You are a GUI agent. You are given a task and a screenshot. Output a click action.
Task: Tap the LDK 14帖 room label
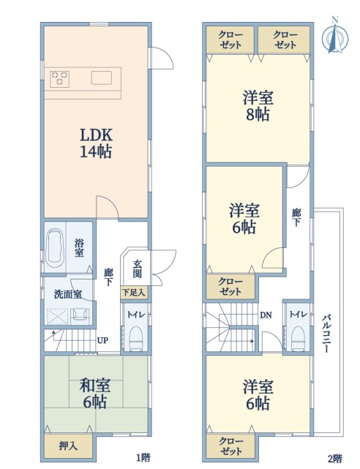[96, 143]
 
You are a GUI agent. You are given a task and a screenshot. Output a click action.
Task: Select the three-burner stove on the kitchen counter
[60, 79]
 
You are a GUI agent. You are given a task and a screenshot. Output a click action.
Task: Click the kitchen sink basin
[102, 78]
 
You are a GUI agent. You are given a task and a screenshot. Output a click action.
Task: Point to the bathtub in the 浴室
[56, 247]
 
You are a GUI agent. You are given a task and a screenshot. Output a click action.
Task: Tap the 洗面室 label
[68, 294]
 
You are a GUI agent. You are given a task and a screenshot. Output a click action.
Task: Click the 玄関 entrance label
[138, 269]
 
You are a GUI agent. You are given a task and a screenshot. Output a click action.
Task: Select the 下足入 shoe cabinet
[134, 292]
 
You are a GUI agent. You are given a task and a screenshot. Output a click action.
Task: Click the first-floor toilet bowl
[137, 338]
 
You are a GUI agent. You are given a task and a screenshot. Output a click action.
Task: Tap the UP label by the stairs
[102, 340]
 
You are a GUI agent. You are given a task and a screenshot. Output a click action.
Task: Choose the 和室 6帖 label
[95, 394]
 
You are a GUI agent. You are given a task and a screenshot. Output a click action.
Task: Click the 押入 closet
[68, 446]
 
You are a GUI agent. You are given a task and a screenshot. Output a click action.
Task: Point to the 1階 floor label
[143, 457]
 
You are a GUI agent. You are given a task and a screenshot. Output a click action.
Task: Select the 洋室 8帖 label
[258, 106]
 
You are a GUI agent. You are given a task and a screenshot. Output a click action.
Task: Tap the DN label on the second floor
[266, 315]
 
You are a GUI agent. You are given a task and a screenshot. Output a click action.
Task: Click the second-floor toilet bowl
[298, 338]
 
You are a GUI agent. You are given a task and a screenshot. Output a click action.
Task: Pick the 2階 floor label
[335, 459]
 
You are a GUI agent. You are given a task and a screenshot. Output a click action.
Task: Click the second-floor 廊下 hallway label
[296, 217]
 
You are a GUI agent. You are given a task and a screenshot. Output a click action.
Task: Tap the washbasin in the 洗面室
[80, 315]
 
